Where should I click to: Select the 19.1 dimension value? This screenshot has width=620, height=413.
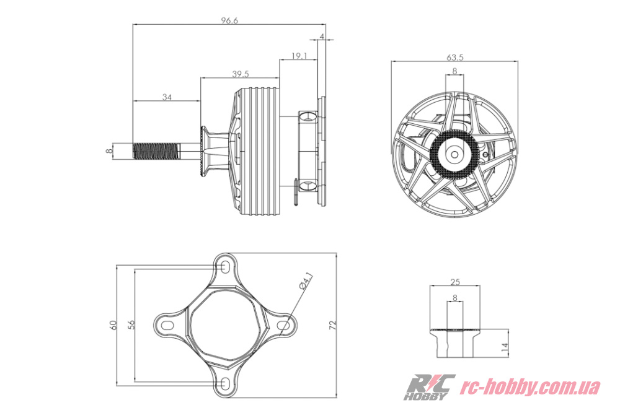[x=299, y=56]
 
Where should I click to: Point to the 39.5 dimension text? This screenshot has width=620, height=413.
[x=241, y=74]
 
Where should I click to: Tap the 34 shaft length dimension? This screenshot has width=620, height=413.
[x=167, y=97]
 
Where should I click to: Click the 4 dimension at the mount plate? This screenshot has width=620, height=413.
[x=322, y=37]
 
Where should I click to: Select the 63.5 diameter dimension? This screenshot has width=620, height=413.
[x=454, y=57]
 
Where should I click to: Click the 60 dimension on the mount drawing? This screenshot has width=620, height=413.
[x=114, y=325]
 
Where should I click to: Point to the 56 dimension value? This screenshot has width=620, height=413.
[x=132, y=324]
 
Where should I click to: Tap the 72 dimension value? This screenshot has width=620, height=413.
[x=333, y=325]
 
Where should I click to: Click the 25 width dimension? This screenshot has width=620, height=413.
[x=454, y=282]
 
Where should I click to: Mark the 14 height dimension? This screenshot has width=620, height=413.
[x=504, y=347]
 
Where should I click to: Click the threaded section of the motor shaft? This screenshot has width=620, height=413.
[x=157, y=151]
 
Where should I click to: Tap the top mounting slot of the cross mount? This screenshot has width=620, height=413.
[x=224, y=266]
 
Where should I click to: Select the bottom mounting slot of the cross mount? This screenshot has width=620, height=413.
[x=224, y=383]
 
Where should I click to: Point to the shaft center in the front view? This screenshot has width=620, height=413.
[x=454, y=154]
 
